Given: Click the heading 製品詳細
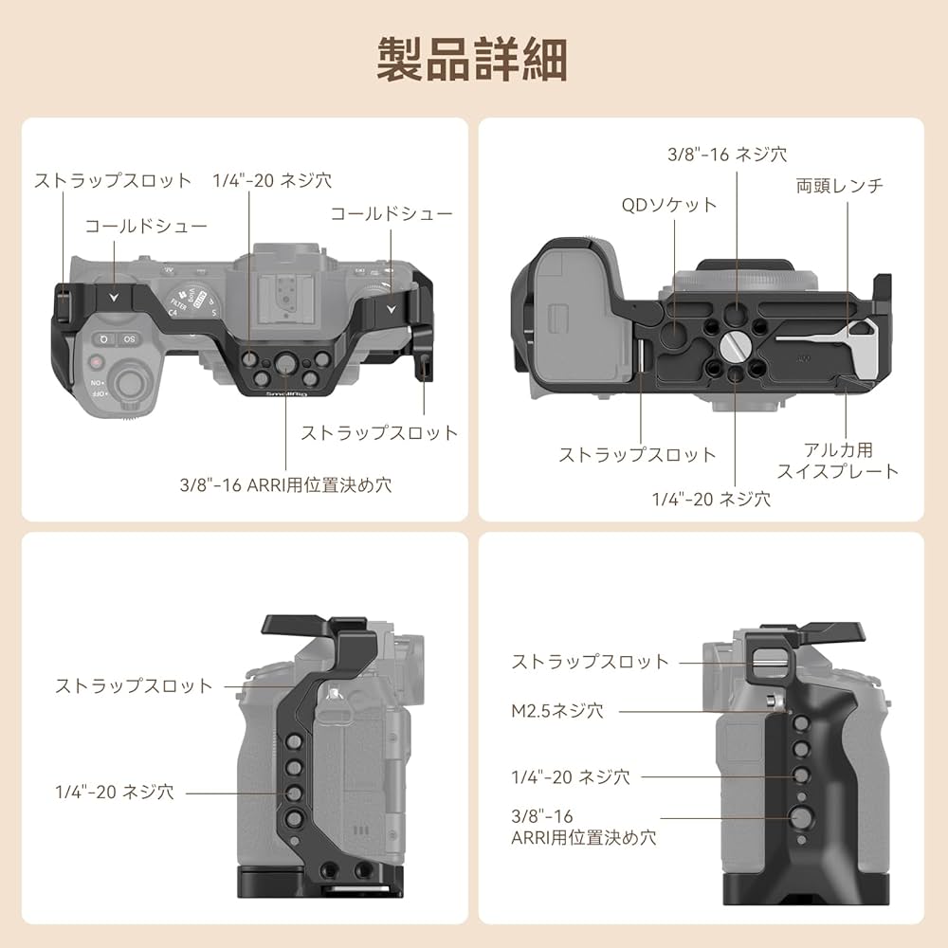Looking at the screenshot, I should click(473, 59).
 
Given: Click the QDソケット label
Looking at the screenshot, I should click(669, 204).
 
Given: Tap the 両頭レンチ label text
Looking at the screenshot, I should click(839, 186).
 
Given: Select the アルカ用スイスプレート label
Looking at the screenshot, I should click(837, 461).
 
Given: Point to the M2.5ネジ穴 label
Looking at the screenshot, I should click(557, 710).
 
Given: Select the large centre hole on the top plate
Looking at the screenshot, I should click(285, 360).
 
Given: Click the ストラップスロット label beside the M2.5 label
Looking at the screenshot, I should click(590, 662).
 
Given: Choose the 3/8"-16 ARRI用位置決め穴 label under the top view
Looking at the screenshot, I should click(285, 484).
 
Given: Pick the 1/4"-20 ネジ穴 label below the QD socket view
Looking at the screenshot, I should click(711, 498).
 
